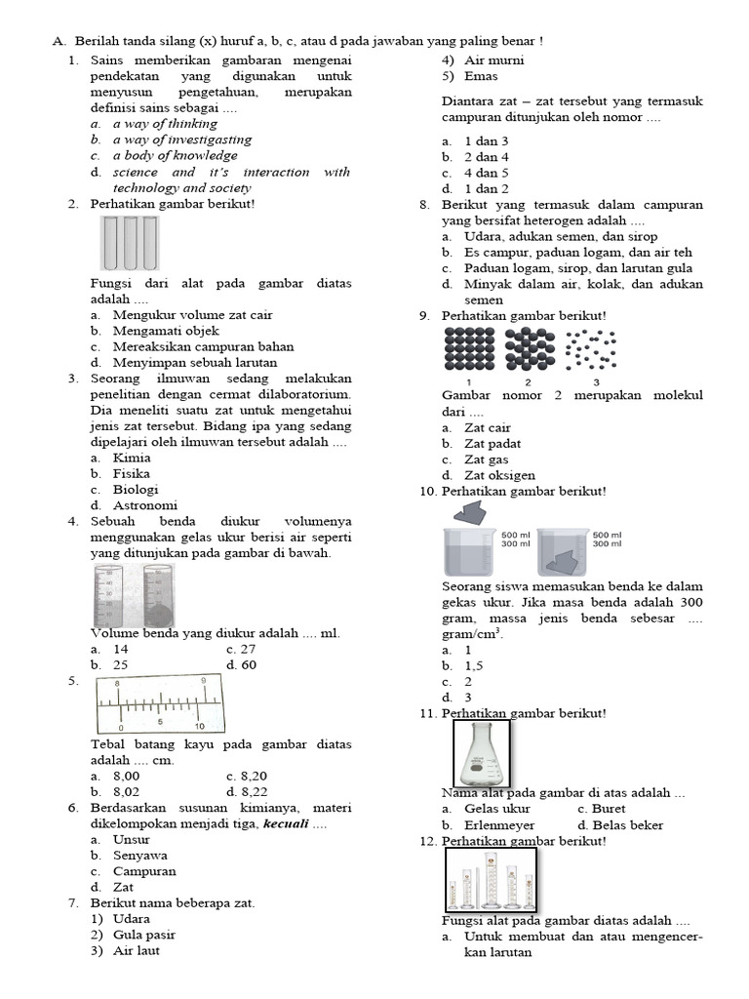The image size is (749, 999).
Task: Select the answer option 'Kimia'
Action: pos(132,458)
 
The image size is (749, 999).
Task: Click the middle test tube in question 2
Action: pos(129,242)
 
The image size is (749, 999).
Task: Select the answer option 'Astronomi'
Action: pos(145,505)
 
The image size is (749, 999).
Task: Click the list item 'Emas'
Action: pos(481,76)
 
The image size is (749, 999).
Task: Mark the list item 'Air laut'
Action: pos(137,950)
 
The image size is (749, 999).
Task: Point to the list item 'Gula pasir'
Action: pos(144,935)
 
